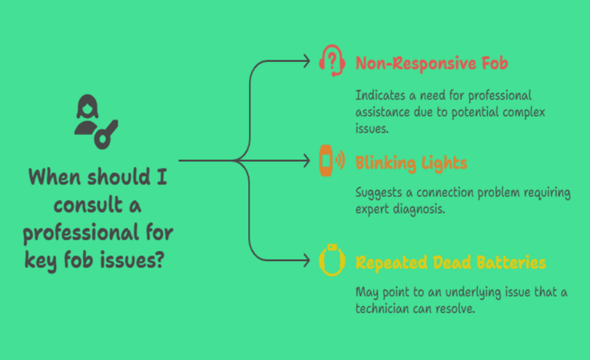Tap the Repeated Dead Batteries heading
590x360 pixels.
[451, 263]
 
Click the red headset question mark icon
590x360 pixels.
[331, 61]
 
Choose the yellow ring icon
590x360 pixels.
[331, 262]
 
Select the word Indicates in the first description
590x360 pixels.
[380, 95]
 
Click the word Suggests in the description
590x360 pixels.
[380, 192]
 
